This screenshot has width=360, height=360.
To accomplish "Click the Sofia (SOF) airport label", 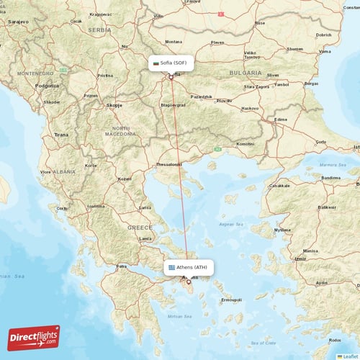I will tap(171, 63).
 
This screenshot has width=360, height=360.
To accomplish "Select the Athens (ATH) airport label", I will tap(187, 267).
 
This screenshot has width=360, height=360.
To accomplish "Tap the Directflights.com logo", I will tap(34, 337).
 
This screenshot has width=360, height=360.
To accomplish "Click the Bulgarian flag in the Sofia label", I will tap(155, 63).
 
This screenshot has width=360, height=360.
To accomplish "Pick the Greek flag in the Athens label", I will tap(171, 267).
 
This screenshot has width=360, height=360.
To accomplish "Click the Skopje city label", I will tap(114, 105).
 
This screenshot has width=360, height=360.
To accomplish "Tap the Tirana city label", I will tap(60, 135).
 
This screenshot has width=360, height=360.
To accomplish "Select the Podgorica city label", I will tap(47, 85).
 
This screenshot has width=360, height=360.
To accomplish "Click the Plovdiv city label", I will tap(225, 100).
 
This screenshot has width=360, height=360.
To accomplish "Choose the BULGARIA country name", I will tap(246, 73).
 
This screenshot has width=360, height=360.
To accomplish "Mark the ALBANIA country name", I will tap(64, 172).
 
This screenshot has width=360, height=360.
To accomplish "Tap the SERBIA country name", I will tap(99, 30).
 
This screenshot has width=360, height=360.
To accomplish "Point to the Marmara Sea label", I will tap(333, 163).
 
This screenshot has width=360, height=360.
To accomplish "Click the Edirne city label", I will tap(281, 120).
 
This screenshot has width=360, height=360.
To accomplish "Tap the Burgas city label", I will tap(311, 83).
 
